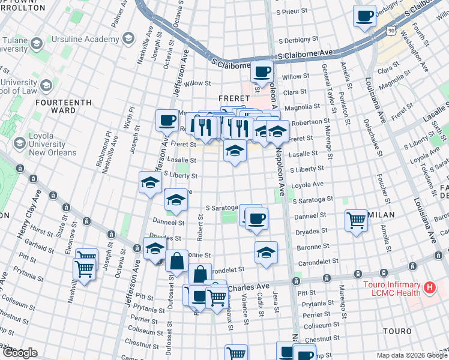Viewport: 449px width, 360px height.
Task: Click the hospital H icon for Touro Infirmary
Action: click(429, 288)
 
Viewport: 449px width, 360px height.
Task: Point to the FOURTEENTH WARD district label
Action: click(64, 106)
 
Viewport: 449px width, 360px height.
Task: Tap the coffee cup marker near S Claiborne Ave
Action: click(262, 73)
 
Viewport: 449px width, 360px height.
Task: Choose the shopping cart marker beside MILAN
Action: click(357, 221)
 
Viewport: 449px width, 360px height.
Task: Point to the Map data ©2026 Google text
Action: click(412, 355)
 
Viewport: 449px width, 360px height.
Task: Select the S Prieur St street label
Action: click(295, 12)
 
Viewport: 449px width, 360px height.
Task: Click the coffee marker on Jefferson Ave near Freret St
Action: click(167, 121)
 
